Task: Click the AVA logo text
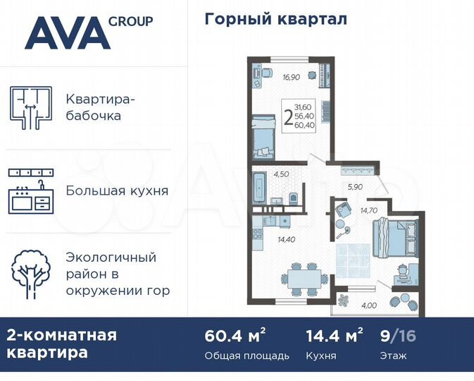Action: point(67,33)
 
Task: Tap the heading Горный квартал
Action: point(275,19)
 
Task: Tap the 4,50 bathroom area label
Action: point(282,174)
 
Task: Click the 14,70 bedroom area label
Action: point(369,210)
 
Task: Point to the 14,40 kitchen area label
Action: point(287,240)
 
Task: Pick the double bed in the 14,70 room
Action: point(395,236)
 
